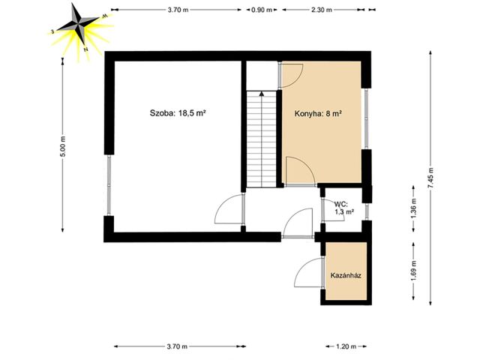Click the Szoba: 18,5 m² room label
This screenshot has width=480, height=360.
coord(177,113)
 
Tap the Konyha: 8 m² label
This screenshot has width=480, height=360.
coord(318,114)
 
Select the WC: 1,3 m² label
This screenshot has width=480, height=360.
coord(343,208)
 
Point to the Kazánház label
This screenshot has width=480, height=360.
coord(346,275)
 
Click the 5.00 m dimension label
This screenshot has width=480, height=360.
coord(63,146)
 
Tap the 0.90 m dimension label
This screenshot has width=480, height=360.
coord(262,10)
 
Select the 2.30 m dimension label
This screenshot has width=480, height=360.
coord(322,10)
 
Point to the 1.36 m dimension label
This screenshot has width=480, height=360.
coord(413,208)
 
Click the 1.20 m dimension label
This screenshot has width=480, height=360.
coord(346,346)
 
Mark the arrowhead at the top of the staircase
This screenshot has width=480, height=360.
coord(262,94)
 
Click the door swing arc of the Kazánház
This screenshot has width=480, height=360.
coord(301,265)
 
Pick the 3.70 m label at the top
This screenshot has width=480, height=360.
coord(178,10)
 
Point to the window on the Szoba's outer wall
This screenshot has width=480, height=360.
coord(109,185)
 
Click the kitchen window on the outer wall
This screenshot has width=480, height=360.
coord(367,118)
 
